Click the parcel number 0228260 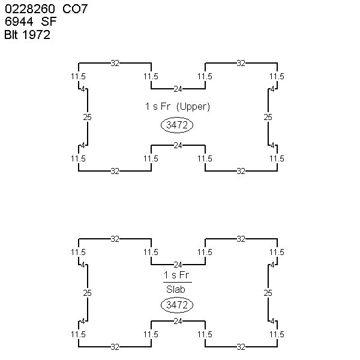tap(30, 9)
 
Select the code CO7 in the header tap(75, 9)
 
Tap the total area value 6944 tap(19, 22)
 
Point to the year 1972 tap(36, 35)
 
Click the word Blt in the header tap(11, 35)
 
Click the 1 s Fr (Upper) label tap(178, 107)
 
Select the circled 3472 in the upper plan tap(177, 125)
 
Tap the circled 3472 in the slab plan tap(177, 305)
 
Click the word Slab tap(176, 290)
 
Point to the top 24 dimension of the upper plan tap(178, 89)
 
